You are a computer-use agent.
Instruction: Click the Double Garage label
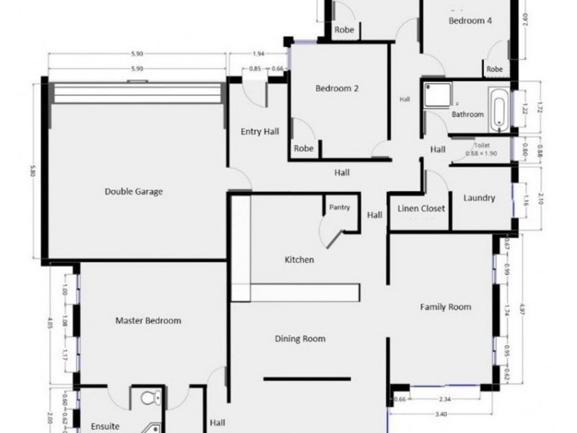tap(133, 192)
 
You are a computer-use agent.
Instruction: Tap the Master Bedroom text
tap(148, 320)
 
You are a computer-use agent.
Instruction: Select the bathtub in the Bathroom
tap(499, 110)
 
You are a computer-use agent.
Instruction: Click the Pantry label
tap(340, 208)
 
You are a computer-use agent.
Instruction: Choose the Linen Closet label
tap(421, 209)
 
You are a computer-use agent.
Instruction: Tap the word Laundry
tap(479, 198)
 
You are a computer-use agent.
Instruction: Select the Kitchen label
tap(299, 260)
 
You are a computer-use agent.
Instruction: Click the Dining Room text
tap(300, 338)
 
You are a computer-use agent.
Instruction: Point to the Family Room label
tap(446, 307)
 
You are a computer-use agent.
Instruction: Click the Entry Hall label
tap(260, 131)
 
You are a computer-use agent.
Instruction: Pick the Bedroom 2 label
tap(337, 89)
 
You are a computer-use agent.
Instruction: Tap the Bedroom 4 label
tap(470, 21)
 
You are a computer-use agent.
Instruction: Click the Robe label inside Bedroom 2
tap(304, 149)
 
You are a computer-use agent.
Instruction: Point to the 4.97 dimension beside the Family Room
tap(532, 310)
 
